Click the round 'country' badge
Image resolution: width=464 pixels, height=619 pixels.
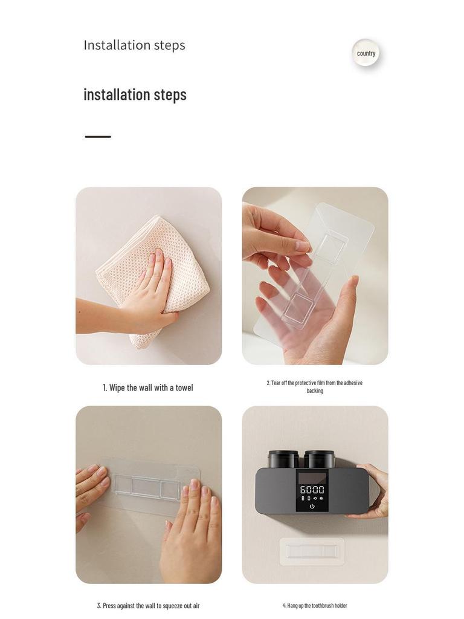(366, 53)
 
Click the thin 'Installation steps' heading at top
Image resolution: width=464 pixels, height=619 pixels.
(134, 45)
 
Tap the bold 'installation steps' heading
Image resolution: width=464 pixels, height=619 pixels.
(135, 95)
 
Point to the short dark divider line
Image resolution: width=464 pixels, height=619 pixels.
(98, 137)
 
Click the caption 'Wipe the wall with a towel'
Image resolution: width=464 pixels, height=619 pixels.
(148, 387)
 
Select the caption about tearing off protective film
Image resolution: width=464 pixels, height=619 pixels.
(314, 386)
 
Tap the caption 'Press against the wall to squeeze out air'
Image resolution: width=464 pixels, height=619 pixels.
(149, 606)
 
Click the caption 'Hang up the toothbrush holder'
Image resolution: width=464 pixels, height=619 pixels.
(315, 606)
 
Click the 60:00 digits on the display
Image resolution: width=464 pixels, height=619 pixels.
(312, 490)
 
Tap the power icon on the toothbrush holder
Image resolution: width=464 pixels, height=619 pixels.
(312, 507)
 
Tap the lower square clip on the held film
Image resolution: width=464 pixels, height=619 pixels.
(296, 308)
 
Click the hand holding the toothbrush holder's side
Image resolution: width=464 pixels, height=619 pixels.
(369, 493)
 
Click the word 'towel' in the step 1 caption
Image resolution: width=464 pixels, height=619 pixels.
(184, 387)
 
